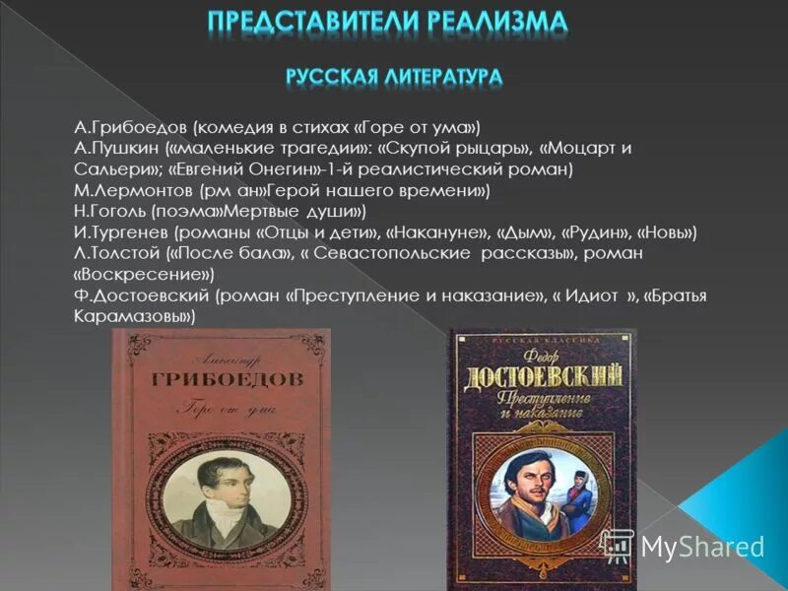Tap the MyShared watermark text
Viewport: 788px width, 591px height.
700,547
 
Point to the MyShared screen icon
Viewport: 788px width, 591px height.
617,545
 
